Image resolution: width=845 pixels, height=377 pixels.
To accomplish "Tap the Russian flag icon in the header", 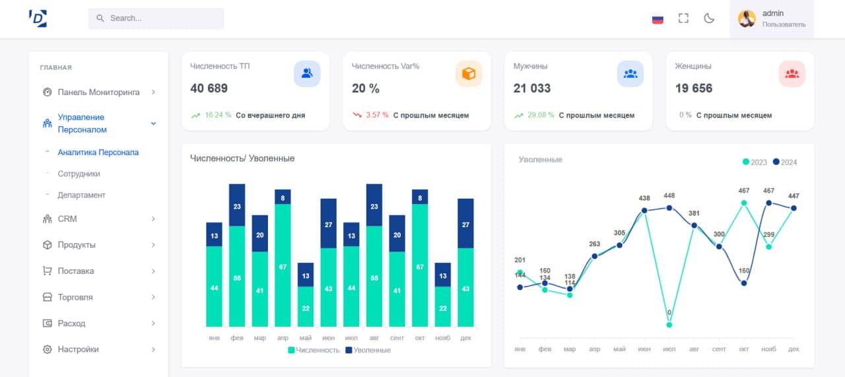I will [x=658, y=18].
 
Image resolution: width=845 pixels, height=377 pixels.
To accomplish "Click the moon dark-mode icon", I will [x=709, y=18].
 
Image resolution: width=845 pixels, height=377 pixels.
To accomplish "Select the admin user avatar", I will [x=747, y=18].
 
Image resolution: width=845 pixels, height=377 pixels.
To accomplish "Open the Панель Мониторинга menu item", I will [x=98, y=92].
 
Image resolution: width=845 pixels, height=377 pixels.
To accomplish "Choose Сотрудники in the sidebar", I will [x=79, y=174].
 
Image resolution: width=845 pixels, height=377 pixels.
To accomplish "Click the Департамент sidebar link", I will [x=81, y=195].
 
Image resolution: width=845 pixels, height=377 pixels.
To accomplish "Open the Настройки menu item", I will [x=78, y=349].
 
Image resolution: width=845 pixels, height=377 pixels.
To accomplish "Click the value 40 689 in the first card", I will [x=209, y=88].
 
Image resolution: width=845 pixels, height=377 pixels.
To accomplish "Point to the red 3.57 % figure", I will [x=377, y=115].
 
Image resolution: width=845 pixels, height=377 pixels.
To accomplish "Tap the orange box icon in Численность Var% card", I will [x=469, y=74].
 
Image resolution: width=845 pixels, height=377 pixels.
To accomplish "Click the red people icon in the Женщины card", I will [x=792, y=74].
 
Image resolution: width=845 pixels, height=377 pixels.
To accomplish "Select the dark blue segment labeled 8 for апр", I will [x=283, y=197].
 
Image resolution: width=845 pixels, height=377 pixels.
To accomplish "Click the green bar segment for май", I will [x=306, y=306].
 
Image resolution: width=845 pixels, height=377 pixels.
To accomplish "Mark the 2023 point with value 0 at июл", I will [x=669, y=325].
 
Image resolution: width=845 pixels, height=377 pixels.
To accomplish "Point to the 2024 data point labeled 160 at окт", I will [x=744, y=283].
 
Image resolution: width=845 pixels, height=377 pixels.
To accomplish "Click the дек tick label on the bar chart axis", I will [x=465, y=337].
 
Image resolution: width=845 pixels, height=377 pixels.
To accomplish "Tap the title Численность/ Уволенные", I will [x=242, y=158].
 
